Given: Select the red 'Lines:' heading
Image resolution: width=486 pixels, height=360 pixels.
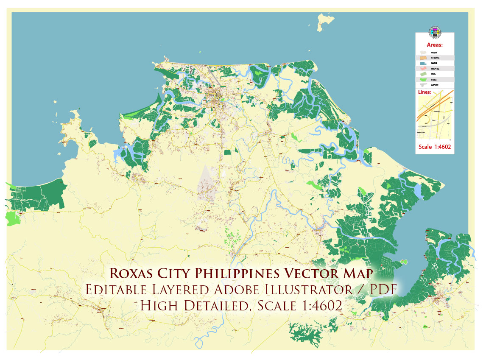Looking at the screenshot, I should click(426, 92).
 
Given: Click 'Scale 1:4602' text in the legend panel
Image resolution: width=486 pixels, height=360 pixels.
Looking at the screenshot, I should click(434, 147).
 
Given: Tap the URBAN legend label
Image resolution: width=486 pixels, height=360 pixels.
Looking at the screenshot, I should click(434, 52).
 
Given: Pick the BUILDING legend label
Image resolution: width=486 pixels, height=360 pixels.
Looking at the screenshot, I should click(435, 58).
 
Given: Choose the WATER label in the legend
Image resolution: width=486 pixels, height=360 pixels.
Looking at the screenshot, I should click(434, 63).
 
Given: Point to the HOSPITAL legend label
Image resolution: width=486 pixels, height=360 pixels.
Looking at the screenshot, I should click(435, 69).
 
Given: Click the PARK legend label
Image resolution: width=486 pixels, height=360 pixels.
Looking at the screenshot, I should click(433, 74).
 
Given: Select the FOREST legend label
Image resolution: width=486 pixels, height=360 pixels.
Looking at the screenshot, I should click(434, 80).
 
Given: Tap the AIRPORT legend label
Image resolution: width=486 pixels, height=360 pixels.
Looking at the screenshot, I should click(435, 85).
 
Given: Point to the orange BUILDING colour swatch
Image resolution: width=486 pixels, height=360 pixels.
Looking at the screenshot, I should click(423, 58).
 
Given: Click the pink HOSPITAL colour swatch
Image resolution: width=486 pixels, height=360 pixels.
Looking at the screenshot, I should click(423, 69).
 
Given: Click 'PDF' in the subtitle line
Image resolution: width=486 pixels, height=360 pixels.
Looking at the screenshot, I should click(381, 290).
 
